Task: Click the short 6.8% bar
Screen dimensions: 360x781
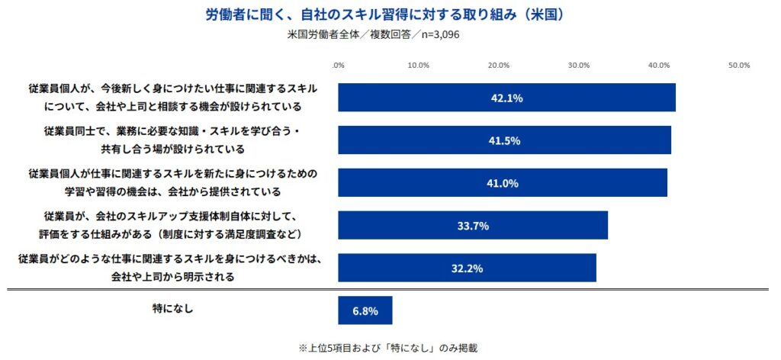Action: [365, 310]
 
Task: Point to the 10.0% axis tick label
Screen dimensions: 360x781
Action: [418, 66]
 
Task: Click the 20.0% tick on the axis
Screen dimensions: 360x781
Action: [499, 66]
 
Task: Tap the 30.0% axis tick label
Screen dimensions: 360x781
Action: [579, 66]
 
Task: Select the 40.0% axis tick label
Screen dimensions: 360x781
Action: [659, 66]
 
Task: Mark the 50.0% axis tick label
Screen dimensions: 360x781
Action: [739, 66]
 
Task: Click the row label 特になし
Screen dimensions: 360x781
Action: [173, 309]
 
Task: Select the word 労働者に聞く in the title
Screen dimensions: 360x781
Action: [243, 14]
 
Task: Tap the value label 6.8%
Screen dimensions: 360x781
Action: [365, 310]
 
